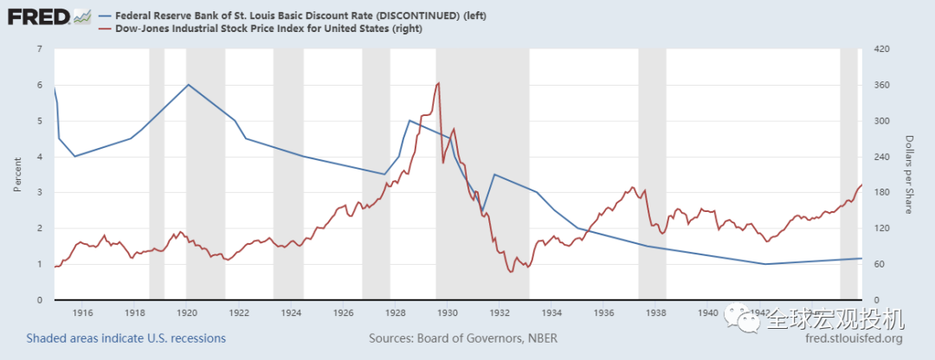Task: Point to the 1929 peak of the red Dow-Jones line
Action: pos(439,83)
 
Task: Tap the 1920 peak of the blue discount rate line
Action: pos(188,84)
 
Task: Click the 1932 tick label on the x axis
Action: pos(500,312)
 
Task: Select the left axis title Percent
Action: pos(17,174)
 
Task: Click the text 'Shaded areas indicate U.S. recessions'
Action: pos(126,338)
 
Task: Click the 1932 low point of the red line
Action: pos(511,272)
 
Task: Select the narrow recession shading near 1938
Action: pos(652,173)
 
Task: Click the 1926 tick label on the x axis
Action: pos(343,312)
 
